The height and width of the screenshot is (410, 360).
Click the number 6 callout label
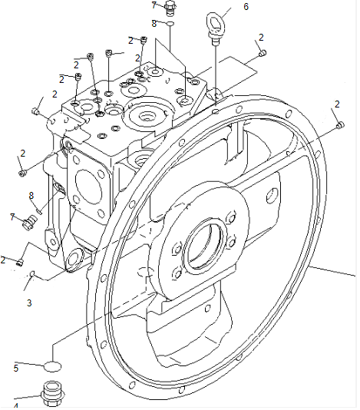click(246, 6)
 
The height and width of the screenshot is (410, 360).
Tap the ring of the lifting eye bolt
click(213, 18)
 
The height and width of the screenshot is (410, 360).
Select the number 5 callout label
click(15, 368)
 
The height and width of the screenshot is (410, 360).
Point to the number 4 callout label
click(15, 405)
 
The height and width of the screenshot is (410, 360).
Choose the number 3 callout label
click(29, 303)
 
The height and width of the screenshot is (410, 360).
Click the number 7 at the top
click(154, 5)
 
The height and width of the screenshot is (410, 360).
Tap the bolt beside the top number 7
click(170, 9)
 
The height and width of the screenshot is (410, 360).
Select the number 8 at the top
click(154, 24)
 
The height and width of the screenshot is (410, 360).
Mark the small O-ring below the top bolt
click(170, 24)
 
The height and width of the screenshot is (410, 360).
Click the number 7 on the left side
click(12, 217)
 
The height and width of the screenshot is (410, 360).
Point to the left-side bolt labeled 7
click(30, 221)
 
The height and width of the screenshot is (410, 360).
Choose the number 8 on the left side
click(31, 195)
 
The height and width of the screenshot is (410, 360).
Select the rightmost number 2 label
click(337, 104)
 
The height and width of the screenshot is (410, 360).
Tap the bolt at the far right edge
click(341, 124)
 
